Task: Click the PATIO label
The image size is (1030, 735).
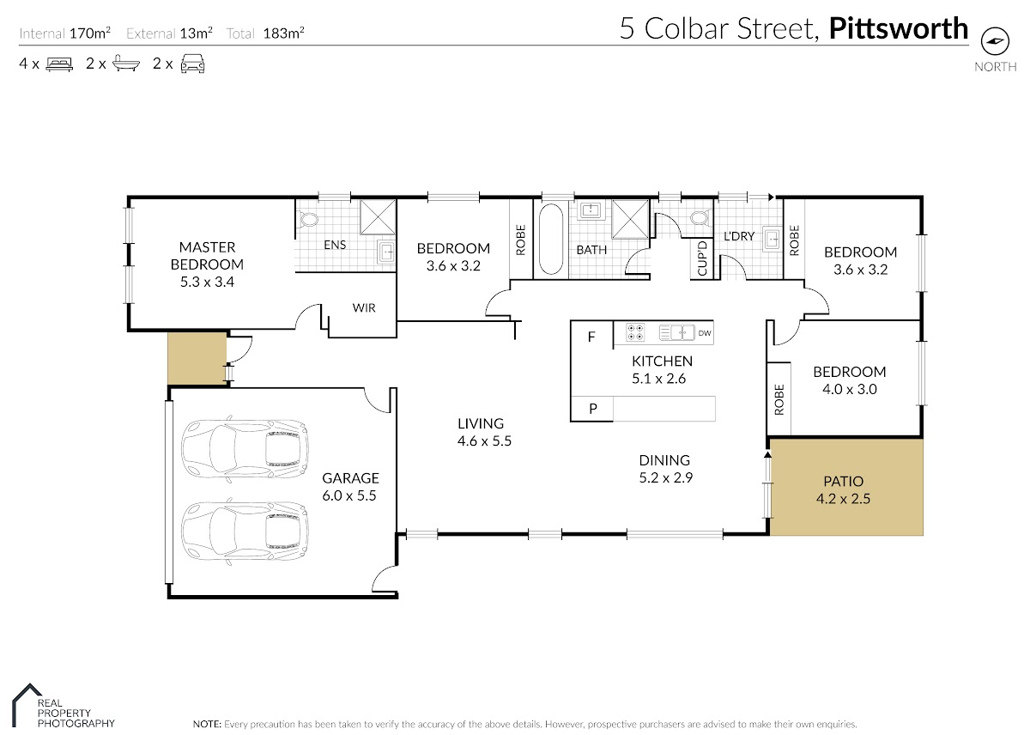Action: click(x=843, y=481)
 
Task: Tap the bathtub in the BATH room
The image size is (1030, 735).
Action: click(x=550, y=239)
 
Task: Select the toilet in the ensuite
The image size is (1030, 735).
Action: click(x=308, y=219)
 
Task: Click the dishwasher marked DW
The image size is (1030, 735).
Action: click(x=704, y=333)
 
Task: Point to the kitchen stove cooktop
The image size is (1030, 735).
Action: click(x=635, y=332)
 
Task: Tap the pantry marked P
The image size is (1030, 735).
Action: click(x=592, y=409)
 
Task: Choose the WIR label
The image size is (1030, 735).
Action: click(x=364, y=307)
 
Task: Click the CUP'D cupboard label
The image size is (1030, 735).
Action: click(x=702, y=258)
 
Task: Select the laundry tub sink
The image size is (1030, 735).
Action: click(x=772, y=239)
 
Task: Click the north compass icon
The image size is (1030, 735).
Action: click(x=995, y=41)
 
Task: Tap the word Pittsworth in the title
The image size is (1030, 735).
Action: click(x=899, y=28)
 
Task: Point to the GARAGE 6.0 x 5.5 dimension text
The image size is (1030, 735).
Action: click(x=349, y=495)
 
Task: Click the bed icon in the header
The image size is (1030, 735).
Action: click(x=59, y=64)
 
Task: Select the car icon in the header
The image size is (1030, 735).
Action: click(x=192, y=64)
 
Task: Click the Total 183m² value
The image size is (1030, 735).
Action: click(x=284, y=33)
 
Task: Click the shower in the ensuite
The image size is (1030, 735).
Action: click(x=378, y=217)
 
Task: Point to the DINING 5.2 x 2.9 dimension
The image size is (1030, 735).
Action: click(x=666, y=477)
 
